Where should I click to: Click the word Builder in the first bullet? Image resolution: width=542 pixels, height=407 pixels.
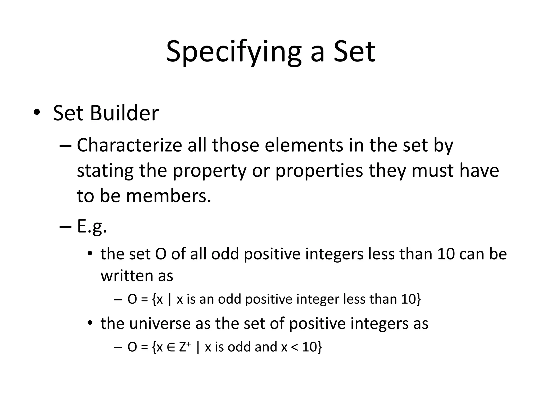click(x=124, y=113)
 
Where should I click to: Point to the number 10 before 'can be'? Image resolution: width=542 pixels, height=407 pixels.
click(x=446, y=254)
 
